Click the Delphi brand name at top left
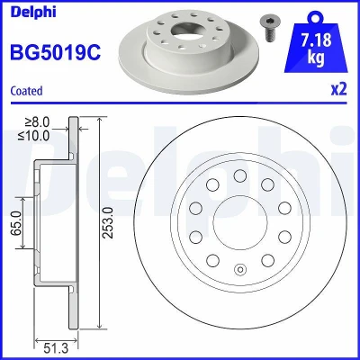33,12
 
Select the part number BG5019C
56,52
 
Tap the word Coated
26,91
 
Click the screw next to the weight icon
267,28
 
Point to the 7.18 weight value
317,40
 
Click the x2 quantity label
338,89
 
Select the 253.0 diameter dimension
108,222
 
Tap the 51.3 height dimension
56,348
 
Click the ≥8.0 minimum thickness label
37,122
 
